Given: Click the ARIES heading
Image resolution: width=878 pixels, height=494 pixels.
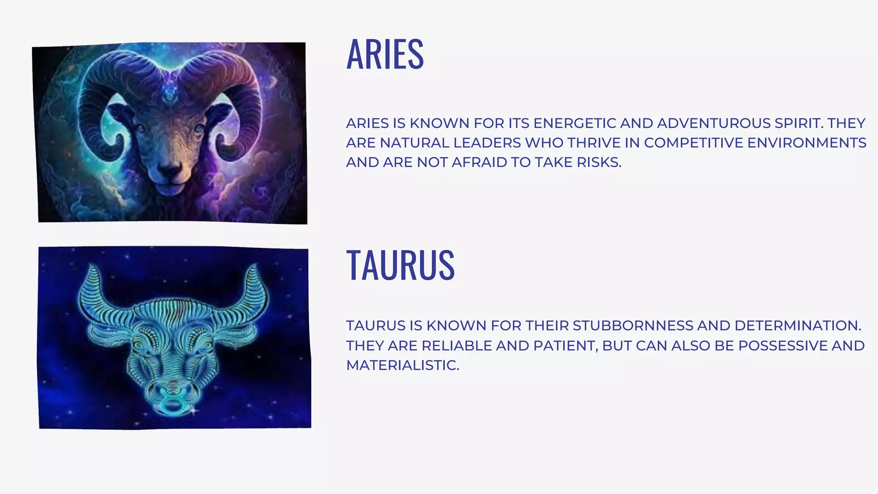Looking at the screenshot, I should pyautogui.click(x=385, y=54).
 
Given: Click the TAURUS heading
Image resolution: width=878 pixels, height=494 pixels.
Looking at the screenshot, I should pyautogui.click(x=400, y=265).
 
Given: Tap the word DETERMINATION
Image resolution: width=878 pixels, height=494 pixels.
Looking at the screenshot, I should pyautogui.click(x=797, y=326).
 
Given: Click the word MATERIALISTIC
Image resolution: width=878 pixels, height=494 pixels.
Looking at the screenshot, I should pyautogui.click(x=403, y=365).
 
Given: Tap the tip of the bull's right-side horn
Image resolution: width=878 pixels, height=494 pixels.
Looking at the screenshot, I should pyautogui.click(x=255, y=266).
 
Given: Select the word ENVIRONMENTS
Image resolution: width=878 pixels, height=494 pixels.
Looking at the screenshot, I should pyautogui.click(x=806, y=143).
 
